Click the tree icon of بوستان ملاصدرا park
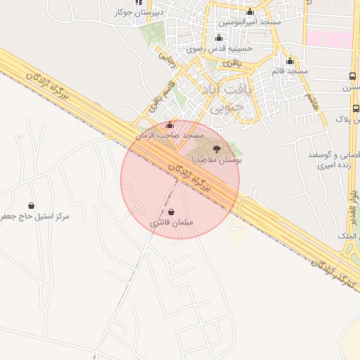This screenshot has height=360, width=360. pos(217,149)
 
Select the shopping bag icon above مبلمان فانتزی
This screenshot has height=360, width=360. pos(172,212)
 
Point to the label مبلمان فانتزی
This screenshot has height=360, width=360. pos(172,223)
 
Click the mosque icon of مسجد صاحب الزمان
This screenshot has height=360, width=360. pos(169,125)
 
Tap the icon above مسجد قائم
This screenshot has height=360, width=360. pos(290,60)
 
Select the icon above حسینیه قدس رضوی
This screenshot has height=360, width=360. pos(219,38)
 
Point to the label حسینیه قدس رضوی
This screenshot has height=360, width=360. pos(219,49)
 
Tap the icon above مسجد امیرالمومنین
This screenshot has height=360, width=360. pos(250,12)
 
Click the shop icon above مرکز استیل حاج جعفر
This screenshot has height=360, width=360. pos(32,205)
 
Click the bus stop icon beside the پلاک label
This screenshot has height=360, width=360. pos(356,108)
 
